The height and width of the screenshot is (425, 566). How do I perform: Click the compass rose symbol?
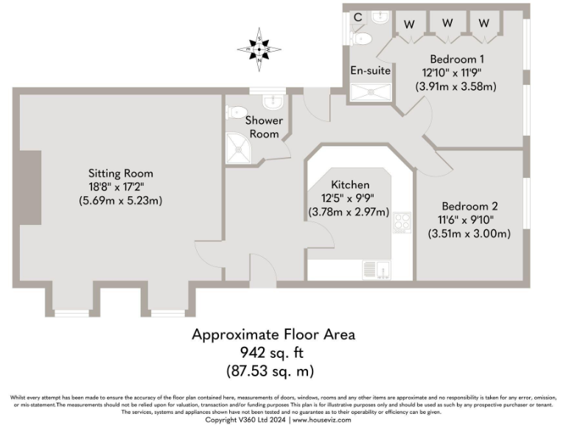(x=259, y=49)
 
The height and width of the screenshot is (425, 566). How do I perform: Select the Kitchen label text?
(x=350, y=184)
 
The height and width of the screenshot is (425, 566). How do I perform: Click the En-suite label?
(x=371, y=71)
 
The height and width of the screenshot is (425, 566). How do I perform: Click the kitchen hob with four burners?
(x=402, y=222)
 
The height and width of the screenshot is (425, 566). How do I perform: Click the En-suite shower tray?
(x=371, y=91)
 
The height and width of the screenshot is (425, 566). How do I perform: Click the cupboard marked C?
(x=357, y=17)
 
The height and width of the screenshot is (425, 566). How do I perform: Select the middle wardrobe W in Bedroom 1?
(x=447, y=23)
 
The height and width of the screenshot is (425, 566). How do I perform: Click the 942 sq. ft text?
(x=273, y=352)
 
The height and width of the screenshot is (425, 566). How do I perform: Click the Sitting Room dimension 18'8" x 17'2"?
(x=119, y=187)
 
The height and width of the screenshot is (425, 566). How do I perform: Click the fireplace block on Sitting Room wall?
(x=30, y=187)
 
